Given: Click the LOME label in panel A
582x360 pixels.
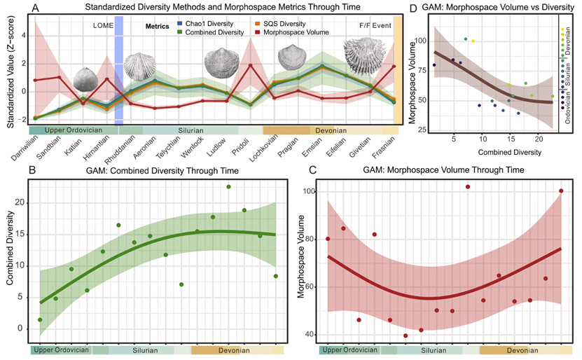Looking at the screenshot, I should pos(104,25).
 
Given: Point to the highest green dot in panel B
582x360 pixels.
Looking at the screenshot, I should pos(228,186).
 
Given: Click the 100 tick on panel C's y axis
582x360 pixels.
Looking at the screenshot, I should pos(309,191).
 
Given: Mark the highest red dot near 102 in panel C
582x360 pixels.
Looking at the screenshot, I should pos(468,186).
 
